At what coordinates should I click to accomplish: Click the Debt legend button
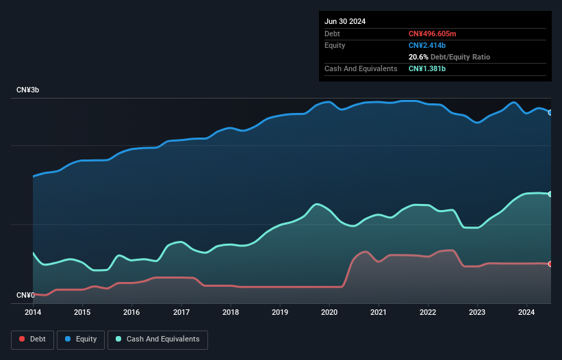coord(33,339)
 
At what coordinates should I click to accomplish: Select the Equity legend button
coord(81,339)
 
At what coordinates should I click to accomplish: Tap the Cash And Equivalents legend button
coord(157,339)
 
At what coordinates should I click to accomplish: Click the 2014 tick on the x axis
coord(33,313)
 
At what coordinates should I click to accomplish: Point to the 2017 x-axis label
coord(181,313)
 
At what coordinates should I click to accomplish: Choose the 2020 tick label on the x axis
coord(329,313)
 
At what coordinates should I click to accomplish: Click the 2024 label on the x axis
coord(526,313)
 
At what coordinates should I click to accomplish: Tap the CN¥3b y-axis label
coord(28,90)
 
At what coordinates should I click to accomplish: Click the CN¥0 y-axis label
coord(25,295)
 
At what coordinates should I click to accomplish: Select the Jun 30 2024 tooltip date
coord(345,21)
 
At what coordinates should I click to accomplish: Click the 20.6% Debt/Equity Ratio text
coord(449,57)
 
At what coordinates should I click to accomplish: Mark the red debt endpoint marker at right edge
coord(550,263)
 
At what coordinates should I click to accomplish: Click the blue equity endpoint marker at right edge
coord(550,112)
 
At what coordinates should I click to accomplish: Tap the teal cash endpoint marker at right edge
coord(550,194)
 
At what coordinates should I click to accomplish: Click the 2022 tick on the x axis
coord(428,313)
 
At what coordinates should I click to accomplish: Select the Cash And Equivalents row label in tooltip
coord(361,68)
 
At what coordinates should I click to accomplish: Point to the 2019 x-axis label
coord(280,313)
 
